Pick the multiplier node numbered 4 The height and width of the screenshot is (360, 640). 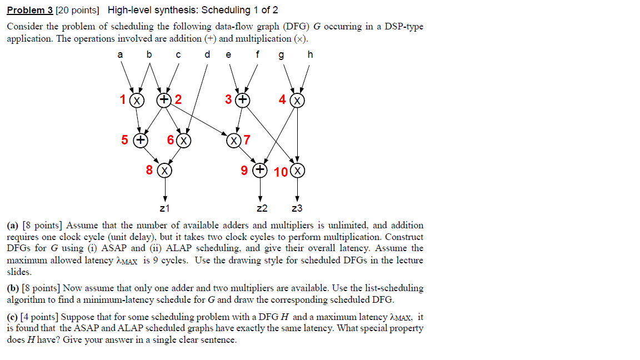pyautogui.click(x=298, y=100)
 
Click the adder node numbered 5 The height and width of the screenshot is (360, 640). pyautogui.click(x=141, y=140)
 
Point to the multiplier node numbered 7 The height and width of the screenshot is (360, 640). pyautogui.click(x=233, y=140)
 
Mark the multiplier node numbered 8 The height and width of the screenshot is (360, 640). pyautogui.click(x=164, y=170)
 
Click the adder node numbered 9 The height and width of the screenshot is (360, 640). pyautogui.click(x=259, y=170)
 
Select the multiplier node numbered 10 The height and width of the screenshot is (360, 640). pyautogui.click(x=298, y=171)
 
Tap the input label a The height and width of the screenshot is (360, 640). pyautogui.click(x=119, y=54)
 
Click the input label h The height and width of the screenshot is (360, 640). pyautogui.click(x=310, y=54)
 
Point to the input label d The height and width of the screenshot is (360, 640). pyautogui.click(x=207, y=54)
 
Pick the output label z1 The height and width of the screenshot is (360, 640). pyautogui.click(x=164, y=209)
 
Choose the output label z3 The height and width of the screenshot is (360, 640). pyautogui.click(x=297, y=209)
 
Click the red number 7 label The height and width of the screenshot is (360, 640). pyautogui.click(x=247, y=140)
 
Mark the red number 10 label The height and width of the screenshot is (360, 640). pyautogui.click(x=281, y=171)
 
